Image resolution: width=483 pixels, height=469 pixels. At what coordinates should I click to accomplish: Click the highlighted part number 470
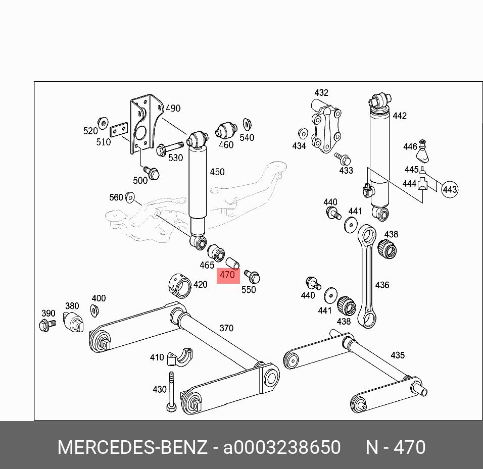point(228,276)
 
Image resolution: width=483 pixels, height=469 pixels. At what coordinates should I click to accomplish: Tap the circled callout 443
point(450,190)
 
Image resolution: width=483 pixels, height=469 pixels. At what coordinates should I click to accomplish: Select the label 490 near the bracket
point(173,108)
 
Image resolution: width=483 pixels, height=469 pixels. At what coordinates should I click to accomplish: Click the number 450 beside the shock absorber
point(217,172)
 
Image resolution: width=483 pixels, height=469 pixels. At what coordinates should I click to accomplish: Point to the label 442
point(399,116)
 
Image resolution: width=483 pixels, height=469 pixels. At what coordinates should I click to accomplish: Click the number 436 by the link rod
point(382,285)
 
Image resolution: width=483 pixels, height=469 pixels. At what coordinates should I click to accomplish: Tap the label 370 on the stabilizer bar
point(226,328)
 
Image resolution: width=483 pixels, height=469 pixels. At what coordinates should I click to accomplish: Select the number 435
point(398,355)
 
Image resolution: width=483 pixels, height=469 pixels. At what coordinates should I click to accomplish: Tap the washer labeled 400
point(94,310)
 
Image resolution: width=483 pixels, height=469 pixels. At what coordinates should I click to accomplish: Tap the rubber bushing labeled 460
point(226,130)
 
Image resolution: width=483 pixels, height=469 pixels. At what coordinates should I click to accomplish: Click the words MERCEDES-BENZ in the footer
point(132,447)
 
